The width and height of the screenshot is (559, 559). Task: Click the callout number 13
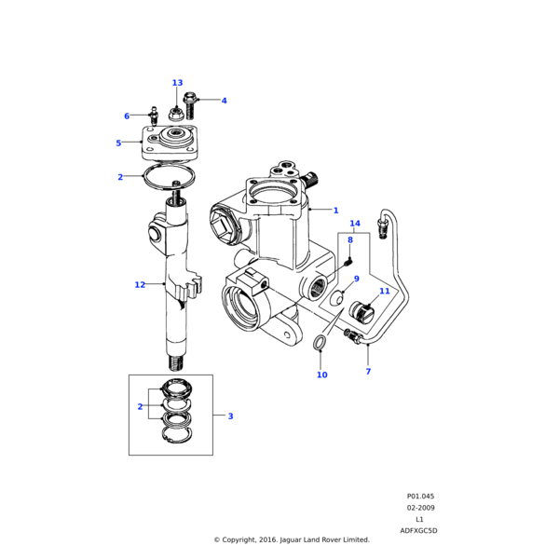pyautogui.click(x=178, y=83)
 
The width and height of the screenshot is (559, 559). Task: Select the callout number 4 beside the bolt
pyautogui.click(x=224, y=101)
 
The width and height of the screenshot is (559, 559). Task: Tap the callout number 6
pyautogui.click(x=127, y=116)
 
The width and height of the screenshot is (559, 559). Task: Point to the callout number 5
pyautogui.click(x=118, y=143)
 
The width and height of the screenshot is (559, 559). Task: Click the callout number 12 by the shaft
pyautogui.click(x=140, y=284)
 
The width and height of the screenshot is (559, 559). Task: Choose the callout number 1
pyautogui.click(x=335, y=211)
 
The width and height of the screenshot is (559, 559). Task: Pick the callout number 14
pyautogui.click(x=355, y=224)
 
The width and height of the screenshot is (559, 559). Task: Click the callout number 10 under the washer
pyautogui.click(x=322, y=375)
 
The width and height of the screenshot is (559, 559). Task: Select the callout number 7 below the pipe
pyautogui.click(x=368, y=372)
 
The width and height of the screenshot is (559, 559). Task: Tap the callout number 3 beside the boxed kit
pyautogui.click(x=230, y=416)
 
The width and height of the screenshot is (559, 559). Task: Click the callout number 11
pyautogui.click(x=385, y=291)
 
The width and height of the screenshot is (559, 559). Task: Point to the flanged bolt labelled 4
pyautogui.click(x=189, y=105)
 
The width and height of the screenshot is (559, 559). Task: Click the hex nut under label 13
pyautogui.click(x=175, y=115)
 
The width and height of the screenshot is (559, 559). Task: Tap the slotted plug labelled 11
pyautogui.click(x=361, y=311)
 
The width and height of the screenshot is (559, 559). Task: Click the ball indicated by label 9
pyautogui.click(x=337, y=298)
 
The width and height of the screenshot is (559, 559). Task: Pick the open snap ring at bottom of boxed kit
pyautogui.click(x=178, y=435)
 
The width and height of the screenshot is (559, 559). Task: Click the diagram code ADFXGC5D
pyautogui.click(x=418, y=530)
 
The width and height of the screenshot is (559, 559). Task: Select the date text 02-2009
pyautogui.click(x=421, y=508)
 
